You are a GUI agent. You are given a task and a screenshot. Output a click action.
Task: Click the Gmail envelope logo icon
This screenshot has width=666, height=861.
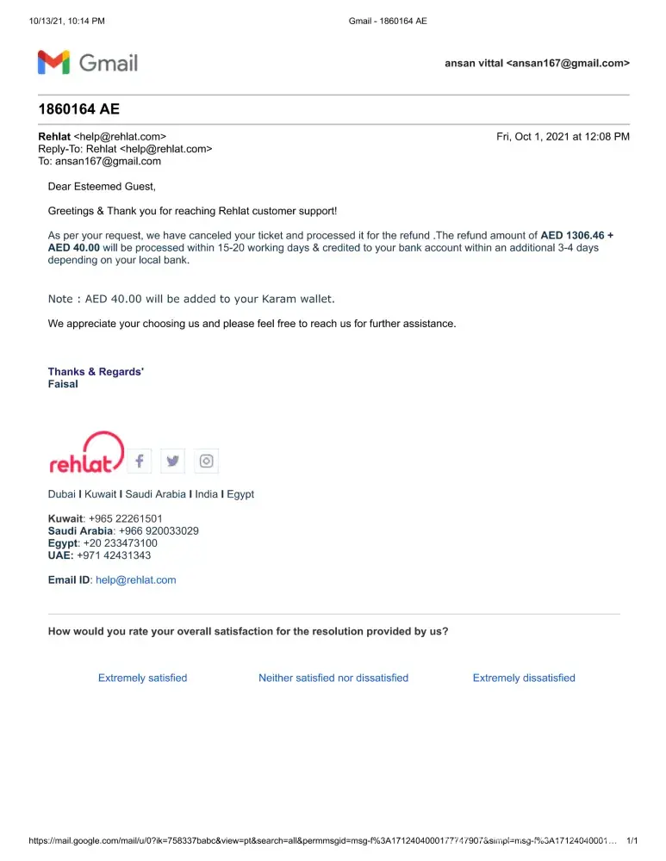point(53,62)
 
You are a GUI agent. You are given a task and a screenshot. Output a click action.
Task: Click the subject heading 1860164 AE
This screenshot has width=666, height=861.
point(79,109)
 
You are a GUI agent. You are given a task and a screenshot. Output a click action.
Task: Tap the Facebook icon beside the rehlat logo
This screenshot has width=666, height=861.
point(140,461)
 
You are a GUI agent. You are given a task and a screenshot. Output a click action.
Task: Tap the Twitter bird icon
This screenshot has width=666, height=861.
point(173,461)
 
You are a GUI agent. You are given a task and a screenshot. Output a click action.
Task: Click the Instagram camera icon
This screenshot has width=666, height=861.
point(207,461)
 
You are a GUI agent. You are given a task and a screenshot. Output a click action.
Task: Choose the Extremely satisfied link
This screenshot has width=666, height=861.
point(142,678)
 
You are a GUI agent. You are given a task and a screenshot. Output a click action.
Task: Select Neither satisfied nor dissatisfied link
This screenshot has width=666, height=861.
point(333,678)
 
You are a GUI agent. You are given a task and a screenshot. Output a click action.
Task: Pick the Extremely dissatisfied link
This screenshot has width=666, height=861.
point(524,678)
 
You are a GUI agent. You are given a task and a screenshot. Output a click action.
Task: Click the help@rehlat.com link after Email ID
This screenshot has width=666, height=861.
point(136,580)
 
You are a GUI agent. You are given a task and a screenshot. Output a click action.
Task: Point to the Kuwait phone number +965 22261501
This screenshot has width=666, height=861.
point(126,519)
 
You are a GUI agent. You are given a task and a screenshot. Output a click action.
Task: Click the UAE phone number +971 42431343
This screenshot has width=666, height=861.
point(114,555)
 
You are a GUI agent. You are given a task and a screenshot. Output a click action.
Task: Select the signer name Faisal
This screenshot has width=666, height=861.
point(63,385)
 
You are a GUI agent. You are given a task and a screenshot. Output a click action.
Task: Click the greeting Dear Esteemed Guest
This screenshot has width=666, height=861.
point(102,186)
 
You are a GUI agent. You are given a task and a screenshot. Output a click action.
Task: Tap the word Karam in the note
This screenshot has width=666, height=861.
point(278,299)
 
